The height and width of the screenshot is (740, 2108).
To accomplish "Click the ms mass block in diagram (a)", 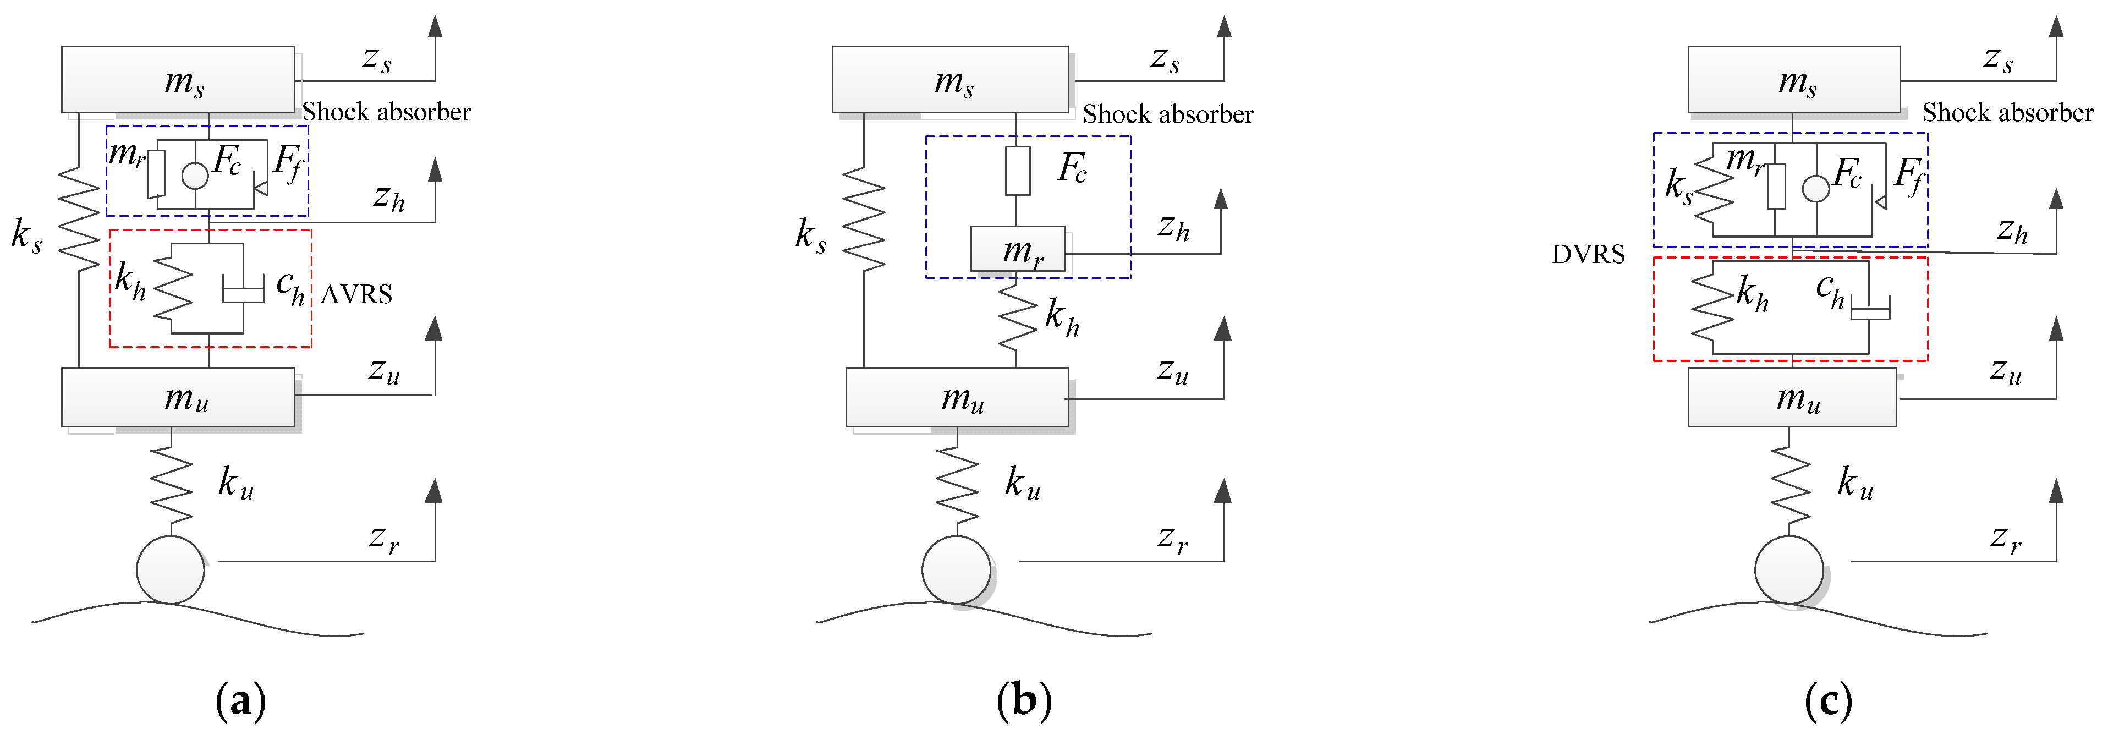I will pos(178,79).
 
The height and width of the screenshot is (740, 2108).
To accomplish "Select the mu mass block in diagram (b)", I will pos(957,397).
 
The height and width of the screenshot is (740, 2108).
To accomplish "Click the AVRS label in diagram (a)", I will pos(356,294).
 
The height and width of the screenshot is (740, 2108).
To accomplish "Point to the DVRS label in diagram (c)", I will pos(1588,255).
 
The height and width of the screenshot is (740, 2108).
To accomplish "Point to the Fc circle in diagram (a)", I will pos(195,175).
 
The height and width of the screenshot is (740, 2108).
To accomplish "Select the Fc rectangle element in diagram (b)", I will pos(1017,170).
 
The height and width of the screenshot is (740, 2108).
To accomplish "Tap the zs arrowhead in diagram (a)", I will pos(435,26).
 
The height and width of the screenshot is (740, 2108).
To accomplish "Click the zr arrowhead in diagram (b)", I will pos(1222,491).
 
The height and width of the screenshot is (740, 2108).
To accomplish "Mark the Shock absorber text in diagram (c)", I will pos(2007,112).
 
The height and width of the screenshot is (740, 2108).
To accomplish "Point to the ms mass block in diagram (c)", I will pos(1794,79).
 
